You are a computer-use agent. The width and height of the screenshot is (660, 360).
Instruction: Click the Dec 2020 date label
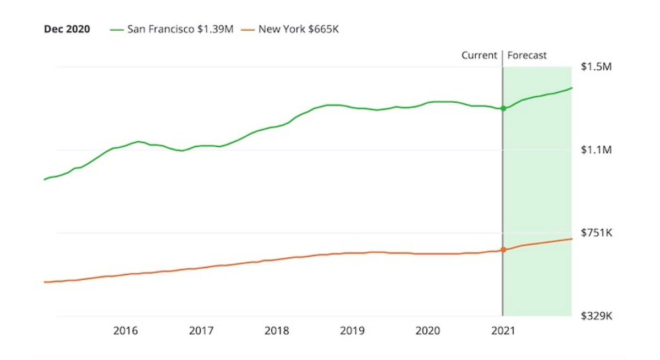pos(67,29)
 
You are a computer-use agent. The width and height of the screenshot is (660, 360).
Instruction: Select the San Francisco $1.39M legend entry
pos(180,29)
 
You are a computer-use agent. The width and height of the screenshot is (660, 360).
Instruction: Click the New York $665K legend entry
pos(299,29)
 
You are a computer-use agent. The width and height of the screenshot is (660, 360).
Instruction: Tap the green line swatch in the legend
pos(117,30)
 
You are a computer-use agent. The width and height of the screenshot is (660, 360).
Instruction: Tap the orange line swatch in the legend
pos(249,30)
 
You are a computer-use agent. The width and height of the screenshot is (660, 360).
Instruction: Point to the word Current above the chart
pos(479,56)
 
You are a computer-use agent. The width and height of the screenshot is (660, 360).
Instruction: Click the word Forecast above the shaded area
pos(527,56)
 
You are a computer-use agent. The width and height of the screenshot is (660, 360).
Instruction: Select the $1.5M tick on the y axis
pos(596,67)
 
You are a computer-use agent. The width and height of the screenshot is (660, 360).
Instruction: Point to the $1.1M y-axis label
pos(596,150)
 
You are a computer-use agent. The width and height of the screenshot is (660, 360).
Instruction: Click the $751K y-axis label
pos(596,233)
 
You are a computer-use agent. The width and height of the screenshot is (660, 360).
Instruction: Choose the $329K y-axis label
pos(596,316)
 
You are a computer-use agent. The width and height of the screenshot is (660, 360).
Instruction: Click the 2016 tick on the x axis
pos(125,331)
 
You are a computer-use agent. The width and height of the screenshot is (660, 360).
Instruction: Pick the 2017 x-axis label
pos(201,331)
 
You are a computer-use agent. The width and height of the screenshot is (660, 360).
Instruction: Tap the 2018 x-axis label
pos(277,331)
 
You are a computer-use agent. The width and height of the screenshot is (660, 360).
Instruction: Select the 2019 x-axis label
pos(352,331)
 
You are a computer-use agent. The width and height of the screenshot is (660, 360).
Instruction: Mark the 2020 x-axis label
pos(427,331)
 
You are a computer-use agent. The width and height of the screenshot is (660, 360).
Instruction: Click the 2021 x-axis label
pos(503,331)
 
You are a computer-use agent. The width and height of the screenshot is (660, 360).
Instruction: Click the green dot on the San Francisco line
pos(503,108)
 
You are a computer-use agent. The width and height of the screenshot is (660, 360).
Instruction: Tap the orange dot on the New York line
pos(503,250)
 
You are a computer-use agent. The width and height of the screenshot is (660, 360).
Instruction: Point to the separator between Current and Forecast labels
pos(503,56)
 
